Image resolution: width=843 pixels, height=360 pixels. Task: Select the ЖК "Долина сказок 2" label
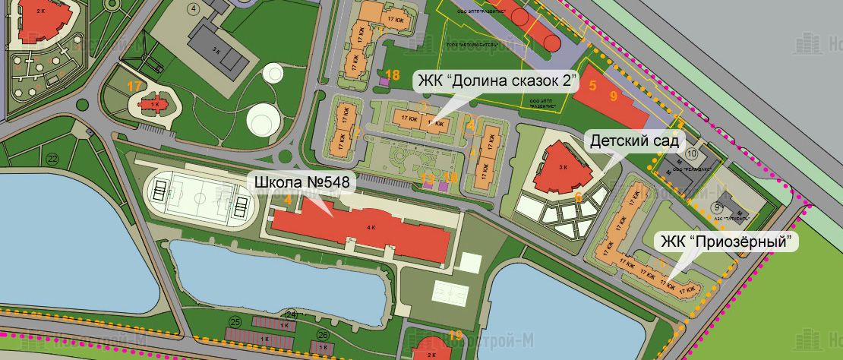point(497,81)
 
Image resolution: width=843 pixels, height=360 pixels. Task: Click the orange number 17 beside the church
point(134,86)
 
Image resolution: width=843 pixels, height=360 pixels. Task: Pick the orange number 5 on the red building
point(592,85)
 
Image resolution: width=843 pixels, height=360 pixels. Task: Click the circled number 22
point(52,158)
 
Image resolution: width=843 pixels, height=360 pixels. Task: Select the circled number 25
point(235,321)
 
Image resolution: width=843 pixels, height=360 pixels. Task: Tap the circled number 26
point(323,334)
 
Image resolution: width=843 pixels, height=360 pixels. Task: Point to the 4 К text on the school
point(371,227)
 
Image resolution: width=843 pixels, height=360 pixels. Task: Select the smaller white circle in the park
point(273,75)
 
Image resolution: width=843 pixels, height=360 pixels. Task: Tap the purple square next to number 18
point(384,83)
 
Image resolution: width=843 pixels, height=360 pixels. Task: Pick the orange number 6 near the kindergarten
point(578,196)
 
